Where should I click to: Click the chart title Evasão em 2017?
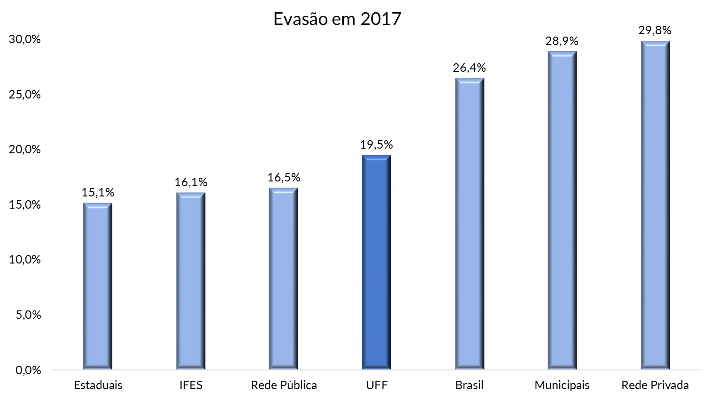[x=337, y=19]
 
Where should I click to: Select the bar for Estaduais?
[x=98, y=286]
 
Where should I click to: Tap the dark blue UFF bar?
[x=377, y=263]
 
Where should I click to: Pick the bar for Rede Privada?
[x=656, y=206]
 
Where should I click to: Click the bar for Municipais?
[x=563, y=211]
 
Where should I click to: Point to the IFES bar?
[x=191, y=281]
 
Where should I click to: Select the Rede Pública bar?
[x=284, y=279]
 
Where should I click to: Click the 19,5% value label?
[x=377, y=144]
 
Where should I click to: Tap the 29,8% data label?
[x=655, y=30]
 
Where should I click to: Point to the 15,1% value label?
[x=98, y=192]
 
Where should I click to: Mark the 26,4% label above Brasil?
[x=469, y=68]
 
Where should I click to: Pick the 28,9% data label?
[x=562, y=41]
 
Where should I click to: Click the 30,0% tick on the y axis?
[x=25, y=39]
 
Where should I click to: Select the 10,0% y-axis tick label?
[x=25, y=260]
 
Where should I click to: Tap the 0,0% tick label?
[x=28, y=370]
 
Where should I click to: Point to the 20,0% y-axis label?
[x=25, y=150]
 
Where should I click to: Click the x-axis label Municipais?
[x=562, y=385]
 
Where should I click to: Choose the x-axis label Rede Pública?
[x=284, y=385]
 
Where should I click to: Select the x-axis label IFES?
[x=191, y=385]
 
